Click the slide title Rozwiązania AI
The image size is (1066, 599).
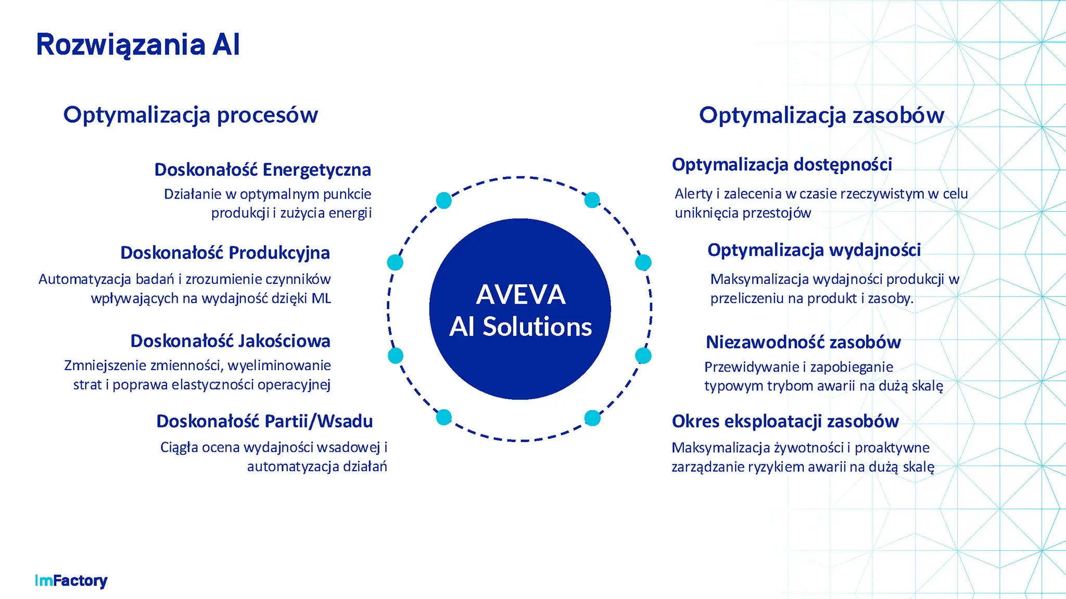pos(138,45)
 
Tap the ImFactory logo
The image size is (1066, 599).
pos(71,581)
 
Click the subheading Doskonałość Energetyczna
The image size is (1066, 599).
pos(263,170)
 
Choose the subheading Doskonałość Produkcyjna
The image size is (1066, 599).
pos(225,253)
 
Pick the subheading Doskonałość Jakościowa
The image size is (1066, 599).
pos(231,342)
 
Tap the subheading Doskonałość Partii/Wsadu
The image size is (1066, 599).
pos(264,421)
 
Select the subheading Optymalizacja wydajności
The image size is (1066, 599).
pos(814,251)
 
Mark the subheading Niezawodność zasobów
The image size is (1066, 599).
pos(803,342)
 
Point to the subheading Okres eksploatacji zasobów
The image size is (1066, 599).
pos(785,422)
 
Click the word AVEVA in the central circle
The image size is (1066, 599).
pos(521,295)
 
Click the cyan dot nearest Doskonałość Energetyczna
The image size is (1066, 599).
pos(444,200)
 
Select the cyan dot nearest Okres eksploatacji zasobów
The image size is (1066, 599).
pos(592,418)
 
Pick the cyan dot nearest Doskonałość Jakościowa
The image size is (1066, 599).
pos(396,356)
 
